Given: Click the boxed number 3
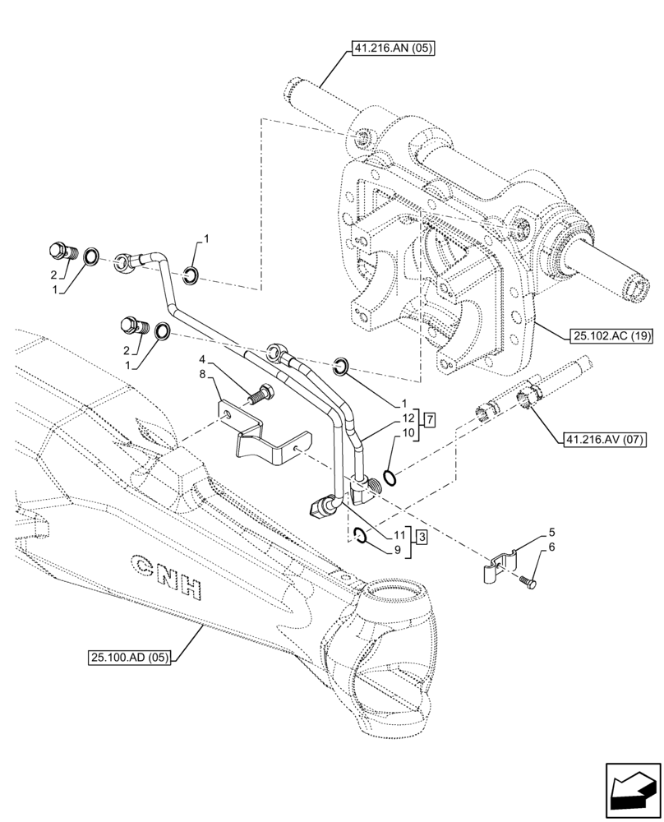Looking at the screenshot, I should tap(421, 538).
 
